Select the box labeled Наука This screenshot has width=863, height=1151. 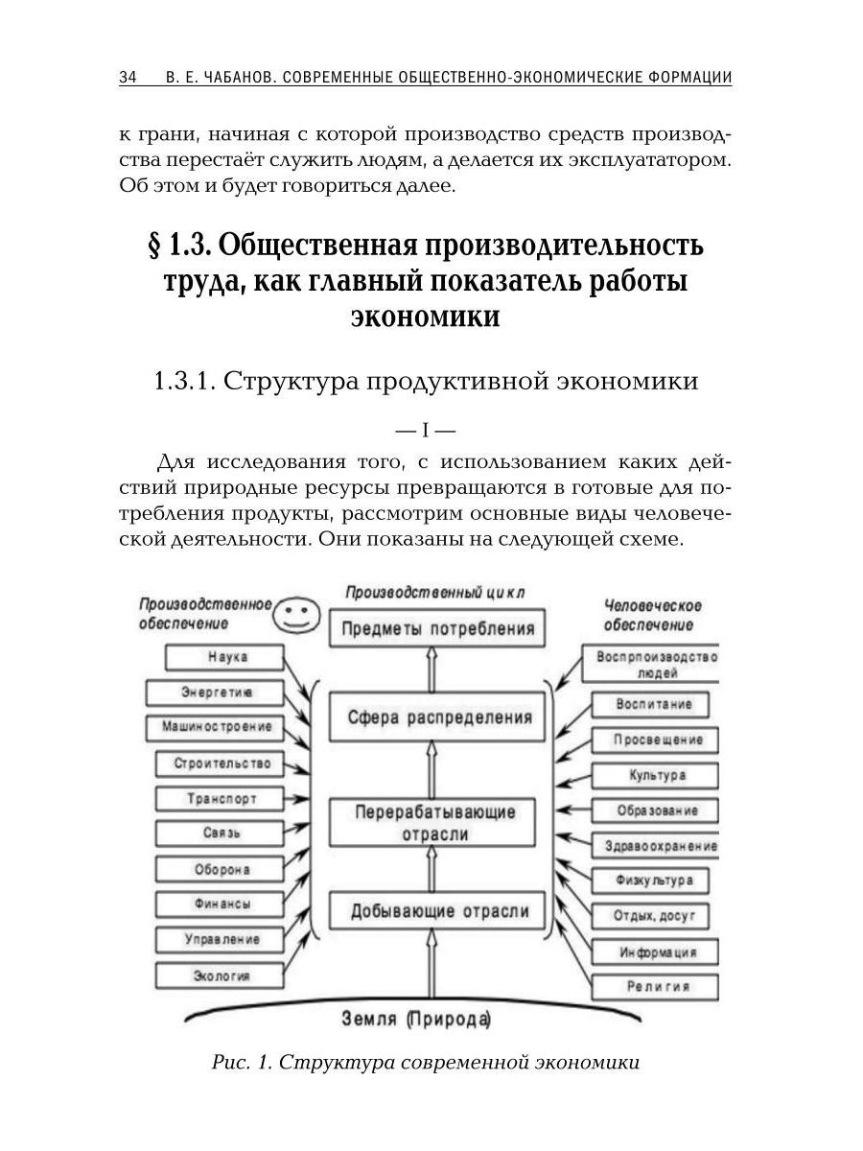point(226,657)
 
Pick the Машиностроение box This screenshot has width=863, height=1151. point(216,726)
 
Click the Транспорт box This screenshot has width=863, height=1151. point(222,798)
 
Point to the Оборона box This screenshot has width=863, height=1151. point(222,869)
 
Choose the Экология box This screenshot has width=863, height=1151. point(221,975)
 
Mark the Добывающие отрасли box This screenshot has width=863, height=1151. point(430,910)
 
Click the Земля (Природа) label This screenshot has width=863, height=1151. point(415,1019)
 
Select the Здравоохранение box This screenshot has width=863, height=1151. point(660,846)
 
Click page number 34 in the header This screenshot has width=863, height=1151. point(128,78)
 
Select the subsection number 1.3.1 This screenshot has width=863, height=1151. point(183,380)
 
